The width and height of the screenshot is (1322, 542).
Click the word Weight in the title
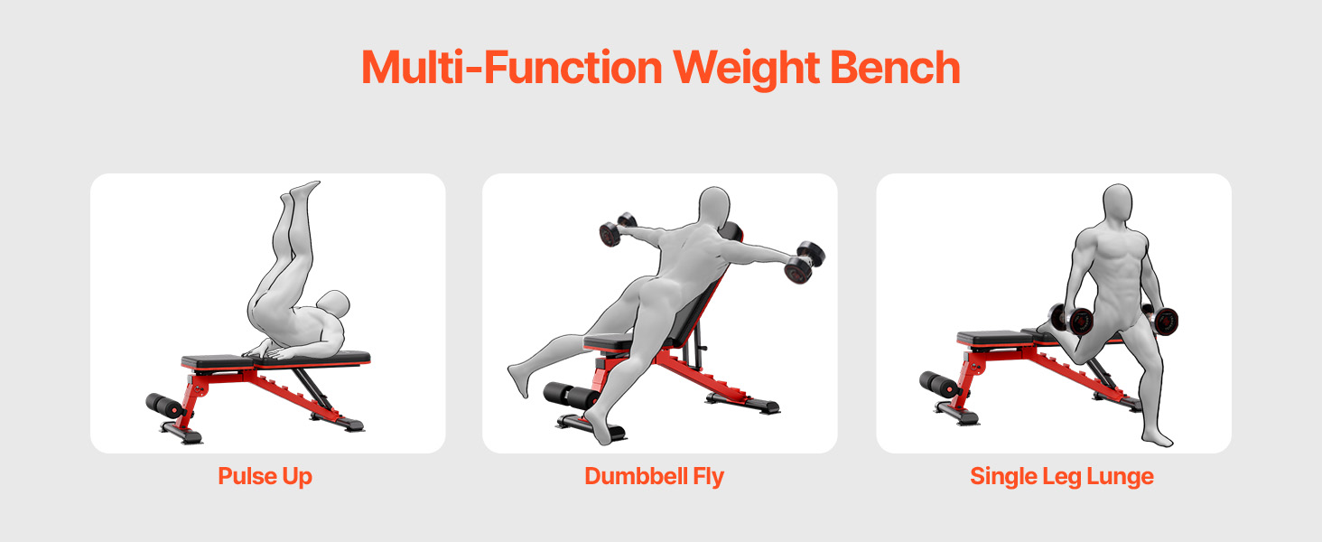point(746,69)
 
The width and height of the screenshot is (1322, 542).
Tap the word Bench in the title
point(895,67)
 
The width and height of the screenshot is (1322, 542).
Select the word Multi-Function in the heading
point(512,67)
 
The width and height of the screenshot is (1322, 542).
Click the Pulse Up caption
point(265,476)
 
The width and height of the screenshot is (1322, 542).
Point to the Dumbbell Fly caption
point(654,476)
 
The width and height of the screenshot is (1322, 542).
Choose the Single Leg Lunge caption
point(1062,476)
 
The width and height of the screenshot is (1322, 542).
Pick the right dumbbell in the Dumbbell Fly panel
point(805,263)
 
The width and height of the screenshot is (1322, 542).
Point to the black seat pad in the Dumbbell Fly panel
point(608,342)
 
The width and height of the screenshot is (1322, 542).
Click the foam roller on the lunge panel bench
point(939,384)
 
